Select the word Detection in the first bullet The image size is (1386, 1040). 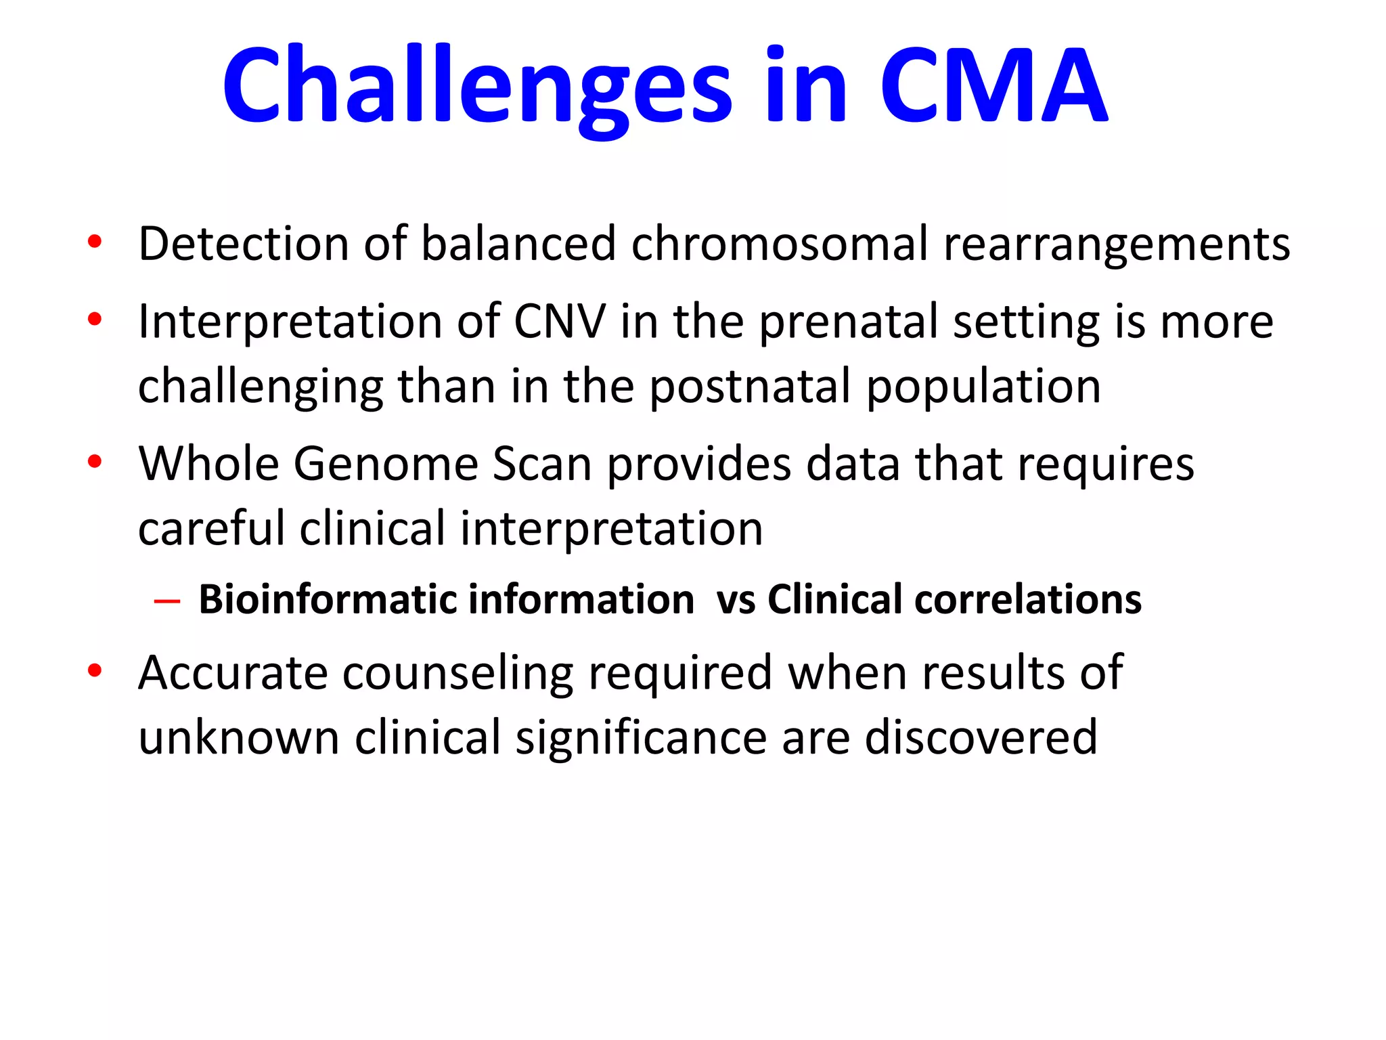pos(244,244)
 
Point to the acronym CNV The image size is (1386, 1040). pos(560,322)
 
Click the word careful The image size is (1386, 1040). pos(211,529)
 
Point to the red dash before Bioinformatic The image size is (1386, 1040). pos(167,601)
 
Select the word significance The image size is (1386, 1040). pos(641,738)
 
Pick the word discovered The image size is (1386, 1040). pos(981,738)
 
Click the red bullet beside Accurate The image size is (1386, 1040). pos(95,671)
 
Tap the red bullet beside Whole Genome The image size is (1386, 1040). pos(95,462)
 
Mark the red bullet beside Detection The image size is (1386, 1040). pos(95,242)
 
